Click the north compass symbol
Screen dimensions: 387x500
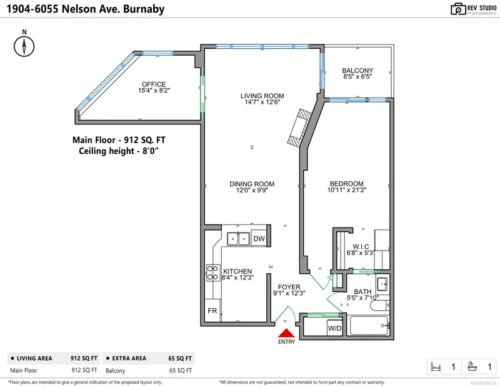click(x=24, y=46)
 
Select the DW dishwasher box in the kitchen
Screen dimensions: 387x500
click(x=259, y=238)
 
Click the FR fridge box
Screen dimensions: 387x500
click(x=212, y=311)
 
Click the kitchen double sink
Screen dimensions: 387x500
click(x=237, y=238)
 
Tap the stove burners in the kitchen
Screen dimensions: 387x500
click(x=212, y=272)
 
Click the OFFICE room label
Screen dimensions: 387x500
click(x=153, y=84)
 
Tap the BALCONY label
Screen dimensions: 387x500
click(x=357, y=70)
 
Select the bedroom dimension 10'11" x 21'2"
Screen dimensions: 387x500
click(x=346, y=191)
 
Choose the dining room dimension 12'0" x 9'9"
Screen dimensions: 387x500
click(x=252, y=191)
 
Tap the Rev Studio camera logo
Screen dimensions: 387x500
click(x=459, y=9)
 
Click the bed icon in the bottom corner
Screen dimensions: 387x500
click(x=436, y=367)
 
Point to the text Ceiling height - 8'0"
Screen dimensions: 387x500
click(x=122, y=151)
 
